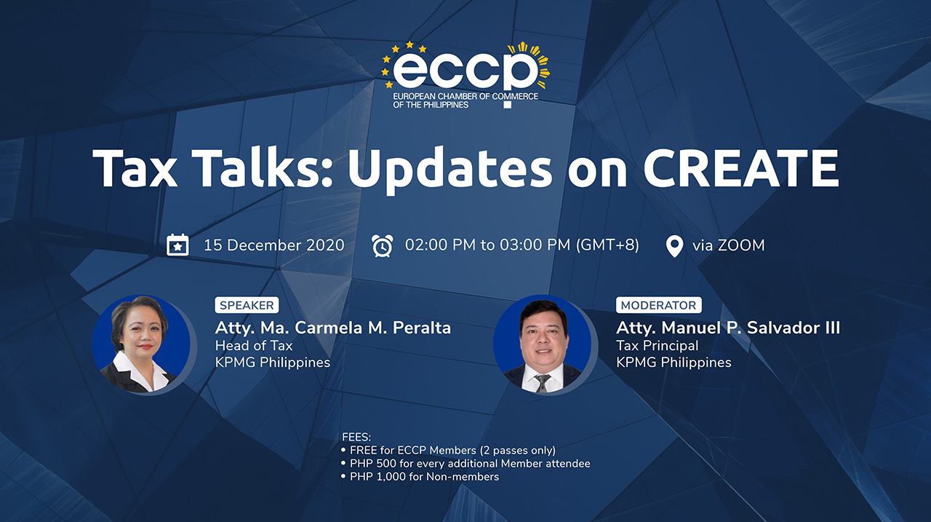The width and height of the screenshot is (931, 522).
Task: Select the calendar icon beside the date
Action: pyautogui.click(x=177, y=245)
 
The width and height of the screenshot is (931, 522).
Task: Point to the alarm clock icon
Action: pyautogui.click(x=382, y=245)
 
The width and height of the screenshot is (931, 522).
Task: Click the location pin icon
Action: pyautogui.click(x=674, y=246)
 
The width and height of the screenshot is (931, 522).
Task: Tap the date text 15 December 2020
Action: pyautogui.click(x=273, y=245)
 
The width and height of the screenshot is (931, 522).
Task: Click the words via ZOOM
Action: pyautogui.click(x=728, y=245)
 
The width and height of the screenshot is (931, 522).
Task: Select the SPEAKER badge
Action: pyautogui.click(x=247, y=306)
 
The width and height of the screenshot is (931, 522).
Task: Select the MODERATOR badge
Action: pyautogui.click(x=658, y=306)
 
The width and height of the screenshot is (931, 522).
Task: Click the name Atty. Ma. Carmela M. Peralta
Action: pyautogui.click(x=332, y=328)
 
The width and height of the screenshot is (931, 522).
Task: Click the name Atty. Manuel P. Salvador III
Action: pyautogui.click(x=727, y=328)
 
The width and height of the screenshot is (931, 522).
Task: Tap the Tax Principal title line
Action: pyautogui.click(x=657, y=346)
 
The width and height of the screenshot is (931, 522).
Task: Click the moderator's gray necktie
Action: pyautogui.click(x=542, y=383)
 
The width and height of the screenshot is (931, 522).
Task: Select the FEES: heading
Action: pyautogui.click(x=356, y=438)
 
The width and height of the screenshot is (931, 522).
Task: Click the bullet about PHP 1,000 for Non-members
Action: pyautogui.click(x=424, y=477)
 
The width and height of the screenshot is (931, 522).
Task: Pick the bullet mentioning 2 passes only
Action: pyautogui.click(x=452, y=451)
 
